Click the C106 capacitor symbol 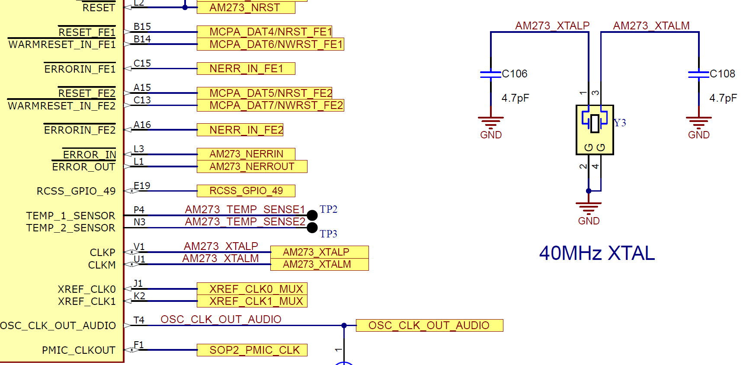(490, 74)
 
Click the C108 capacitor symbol (698, 74)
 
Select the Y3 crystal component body (595, 129)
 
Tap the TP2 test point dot (312, 215)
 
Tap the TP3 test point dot (312, 227)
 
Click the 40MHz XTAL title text (597, 253)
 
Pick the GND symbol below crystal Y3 (589, 208)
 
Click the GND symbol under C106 (490, 122)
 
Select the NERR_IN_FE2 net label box (240, 130)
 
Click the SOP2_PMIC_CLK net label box (252, 350)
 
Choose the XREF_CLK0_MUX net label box (252, 289)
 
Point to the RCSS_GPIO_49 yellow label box (246, 191)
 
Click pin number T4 (139, 320)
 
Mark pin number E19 (142, 186)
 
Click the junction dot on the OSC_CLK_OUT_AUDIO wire (344, 325)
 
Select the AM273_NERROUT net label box (252, 166)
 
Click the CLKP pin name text (102, 253)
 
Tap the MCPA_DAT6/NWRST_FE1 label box (270, 44)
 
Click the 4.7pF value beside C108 (723, 98)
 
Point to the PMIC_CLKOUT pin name (79, 350)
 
